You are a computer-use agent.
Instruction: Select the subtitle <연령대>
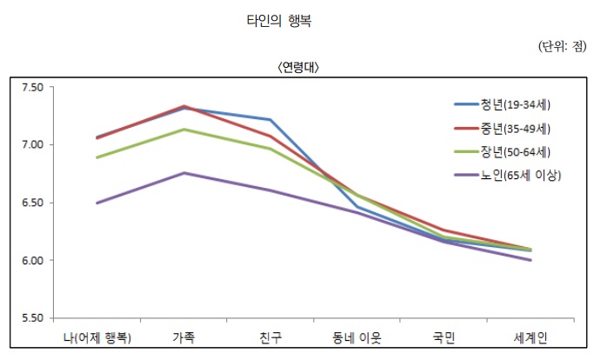click(298, 67)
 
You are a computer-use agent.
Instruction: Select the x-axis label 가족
click(184, 337)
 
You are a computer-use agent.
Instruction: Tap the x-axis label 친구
click(270, 337)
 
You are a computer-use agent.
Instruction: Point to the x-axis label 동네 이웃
click(357, 337)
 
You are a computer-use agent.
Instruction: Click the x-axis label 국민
click(444, 337)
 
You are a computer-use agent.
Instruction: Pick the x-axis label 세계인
click(531, 337)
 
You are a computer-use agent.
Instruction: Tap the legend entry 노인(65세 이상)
click(520, 175)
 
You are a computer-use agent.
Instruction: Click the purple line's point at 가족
click(184, 173)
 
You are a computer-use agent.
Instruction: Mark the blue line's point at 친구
click(270, 119)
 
